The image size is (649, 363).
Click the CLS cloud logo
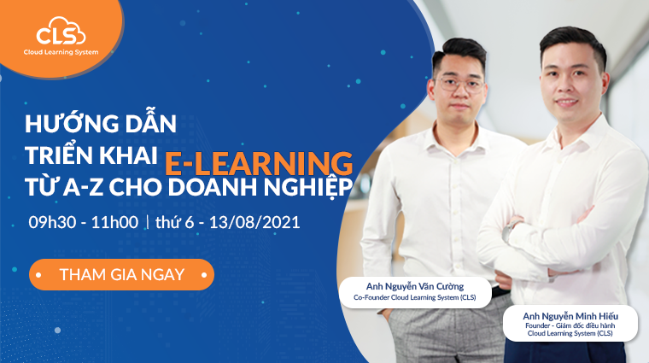point(61,34)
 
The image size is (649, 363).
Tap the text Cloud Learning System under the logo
point(61,52)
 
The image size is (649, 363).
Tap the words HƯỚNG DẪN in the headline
point(102,122)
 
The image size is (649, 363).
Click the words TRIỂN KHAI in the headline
point(92,155)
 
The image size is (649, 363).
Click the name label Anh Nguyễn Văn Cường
point(415,285)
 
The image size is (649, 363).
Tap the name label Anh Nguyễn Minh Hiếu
point(570,314)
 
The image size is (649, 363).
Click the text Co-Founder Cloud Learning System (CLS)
point(415,298)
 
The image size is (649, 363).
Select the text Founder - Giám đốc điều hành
point(570,325)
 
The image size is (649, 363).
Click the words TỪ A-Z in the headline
point(64,186)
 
